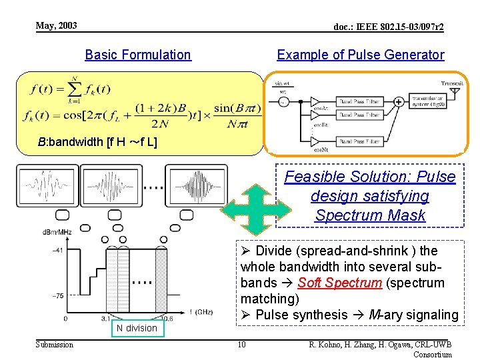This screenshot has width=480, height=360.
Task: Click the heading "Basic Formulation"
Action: click(138, 55)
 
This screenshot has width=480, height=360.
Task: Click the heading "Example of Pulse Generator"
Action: click(360, 55)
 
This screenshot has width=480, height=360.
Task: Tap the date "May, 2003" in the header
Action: click(57, 26)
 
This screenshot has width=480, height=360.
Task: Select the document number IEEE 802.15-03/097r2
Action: click(389, 27)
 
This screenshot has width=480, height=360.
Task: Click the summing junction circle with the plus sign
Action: click(397, 102)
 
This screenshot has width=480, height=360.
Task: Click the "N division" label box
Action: click(137, 327)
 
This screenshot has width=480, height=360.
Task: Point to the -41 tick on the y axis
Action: click(59, 250)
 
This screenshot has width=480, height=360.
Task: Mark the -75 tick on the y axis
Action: click(59, 296)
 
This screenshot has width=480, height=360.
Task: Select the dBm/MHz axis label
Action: click(57, 232)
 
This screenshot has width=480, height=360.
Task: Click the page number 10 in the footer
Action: click(241, 344)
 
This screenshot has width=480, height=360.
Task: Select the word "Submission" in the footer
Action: click(55, 344)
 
